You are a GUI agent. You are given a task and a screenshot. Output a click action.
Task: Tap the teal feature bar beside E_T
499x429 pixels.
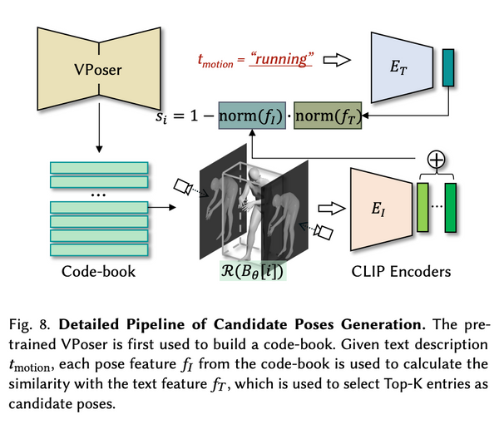pyautogui.click(x=450, y=66)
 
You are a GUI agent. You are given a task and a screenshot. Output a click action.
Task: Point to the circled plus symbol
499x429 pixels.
pyautogui.click(x=433, y=159)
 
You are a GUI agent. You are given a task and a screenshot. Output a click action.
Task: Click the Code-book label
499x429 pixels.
pyautogui.click(x=98, y=271)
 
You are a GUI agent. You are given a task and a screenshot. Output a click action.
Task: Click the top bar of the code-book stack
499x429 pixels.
pyautogui.click(x=98, y=166)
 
